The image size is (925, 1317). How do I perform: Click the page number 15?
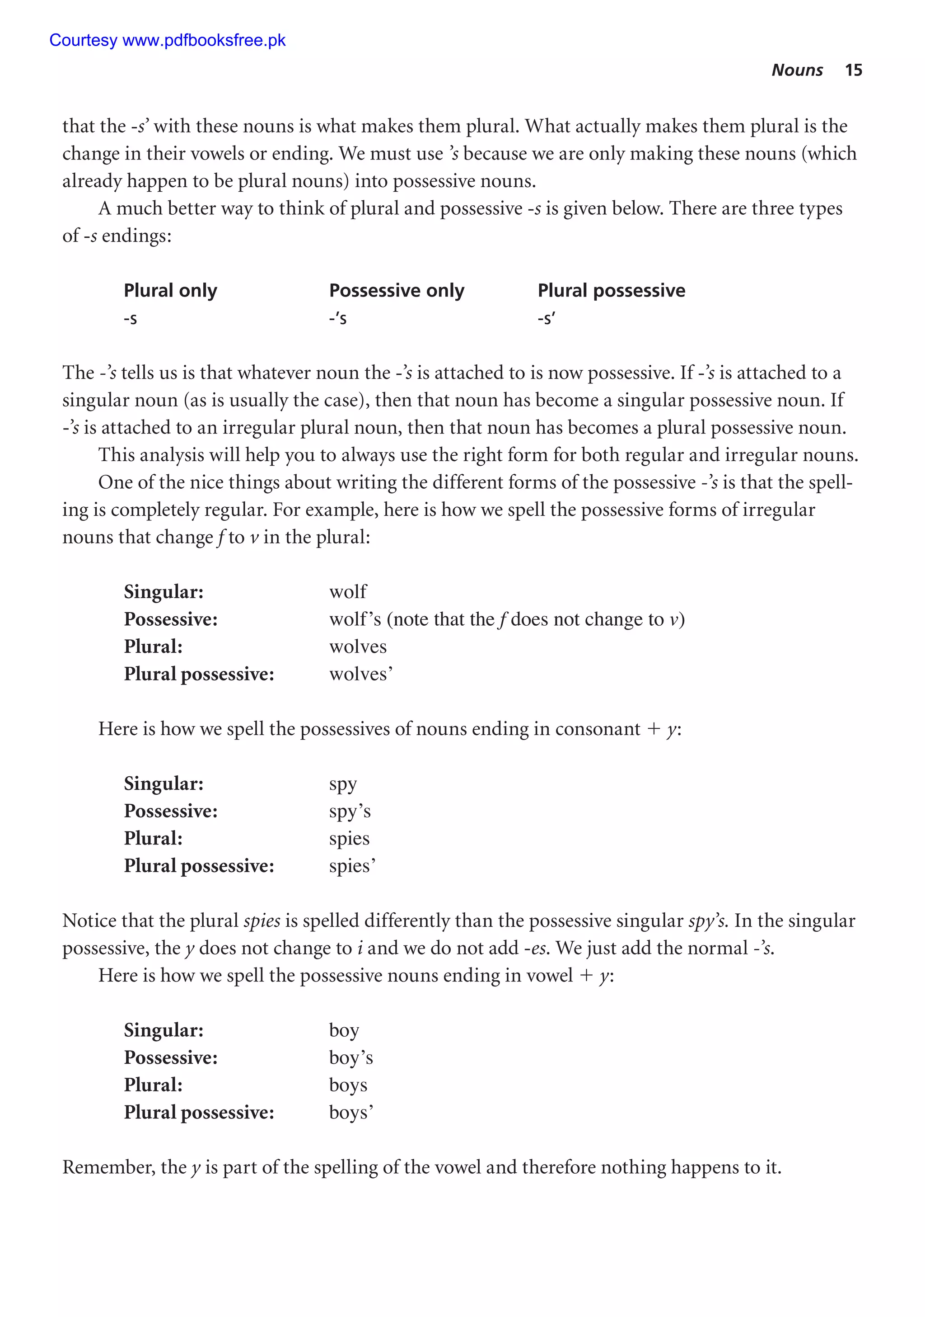tap(853, 70)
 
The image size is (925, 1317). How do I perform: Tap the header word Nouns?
tap(797, 70)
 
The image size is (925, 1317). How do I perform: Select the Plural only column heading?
tap(170, 290)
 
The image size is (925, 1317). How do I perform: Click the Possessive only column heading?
tap(397, 290)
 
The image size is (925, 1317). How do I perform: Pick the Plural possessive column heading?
tap(611, 290)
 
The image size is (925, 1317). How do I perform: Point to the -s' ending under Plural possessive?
tap(546, 318)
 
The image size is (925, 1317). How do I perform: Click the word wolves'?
tap(360, 674)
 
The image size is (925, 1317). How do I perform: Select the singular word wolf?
tap(348, 591)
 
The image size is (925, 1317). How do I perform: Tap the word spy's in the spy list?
tap(350, 811)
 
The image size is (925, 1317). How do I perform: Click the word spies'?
tap(352, 866)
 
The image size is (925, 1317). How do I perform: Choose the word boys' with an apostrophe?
tap(351, 1112)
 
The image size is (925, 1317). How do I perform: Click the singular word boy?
tap(344, 1030)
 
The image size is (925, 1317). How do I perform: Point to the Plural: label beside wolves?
tap(153, 647)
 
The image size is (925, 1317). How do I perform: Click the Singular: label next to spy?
tap(164, 784)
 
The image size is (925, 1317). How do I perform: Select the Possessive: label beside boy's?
tap(170, 1058)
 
